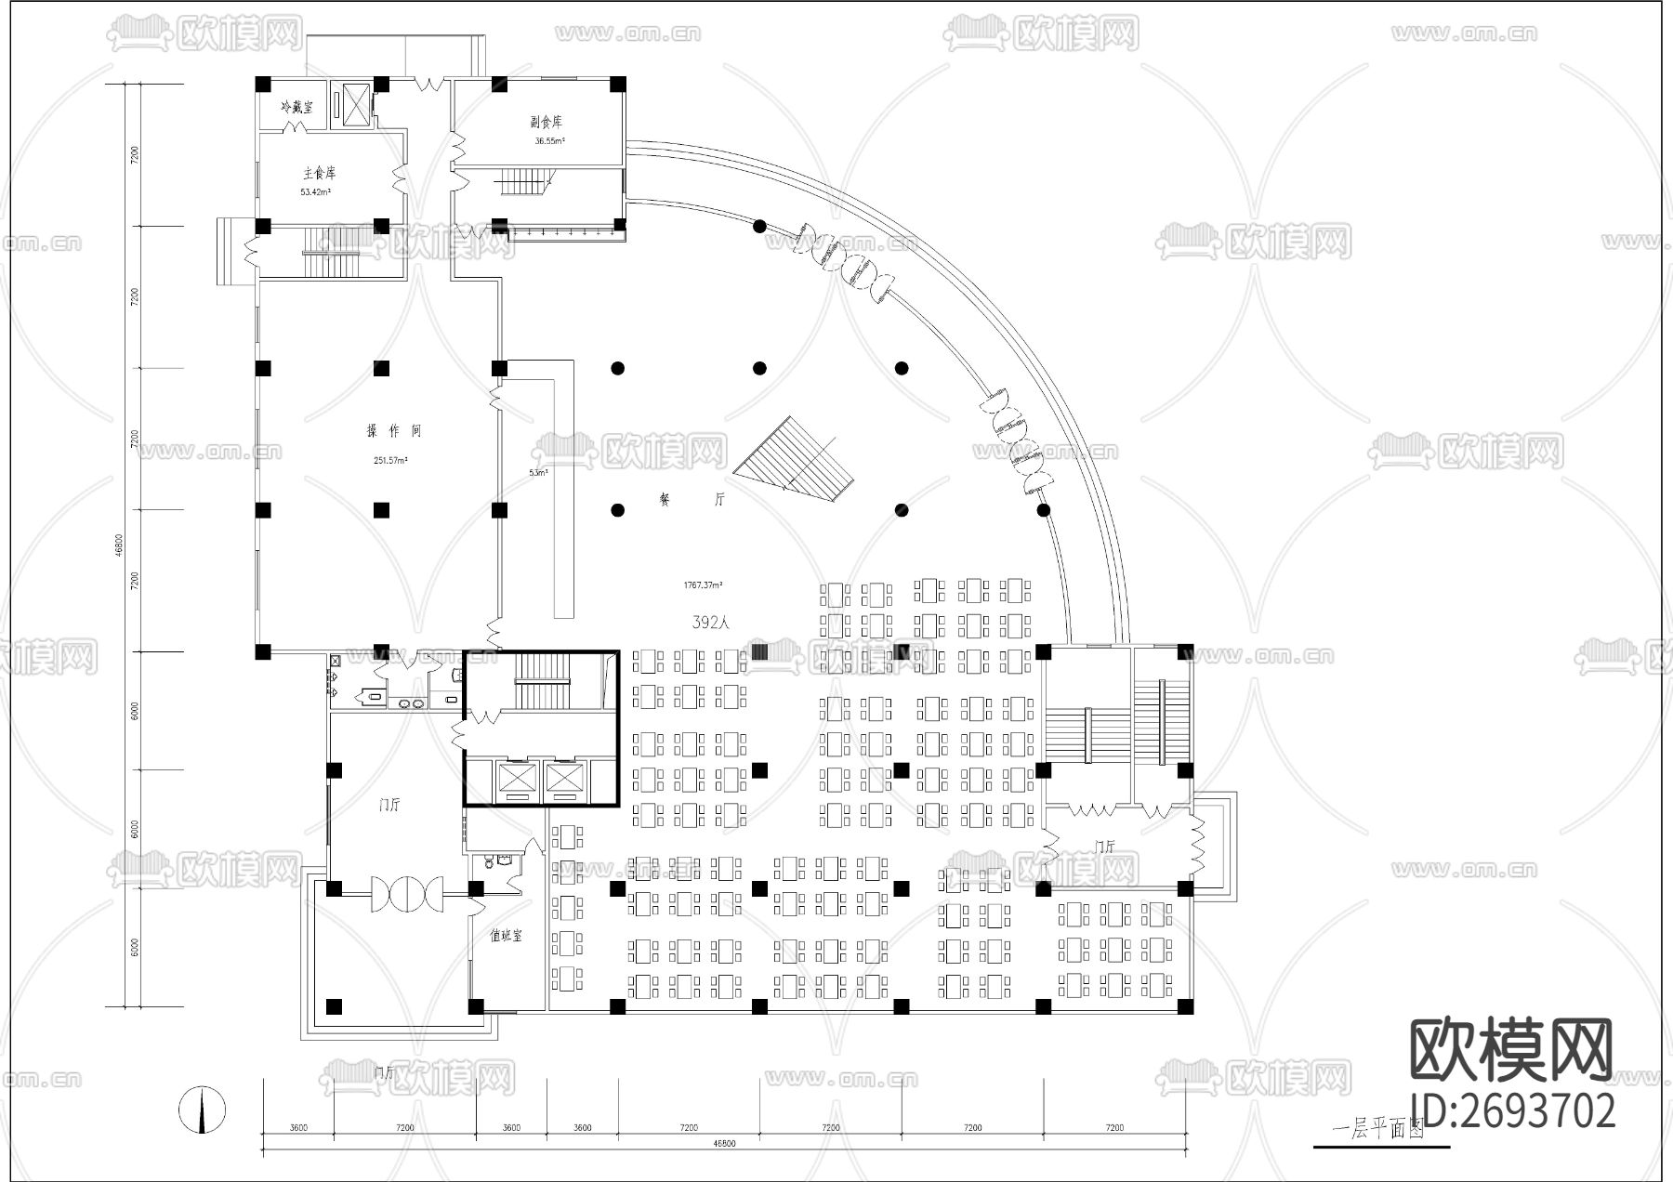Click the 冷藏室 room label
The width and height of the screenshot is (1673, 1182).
tap(297, 108)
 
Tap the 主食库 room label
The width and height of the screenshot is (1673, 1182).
tap(319, 174)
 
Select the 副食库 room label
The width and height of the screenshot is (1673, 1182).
tap(547, 122)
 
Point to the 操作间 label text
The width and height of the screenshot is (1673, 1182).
tap(394, 431)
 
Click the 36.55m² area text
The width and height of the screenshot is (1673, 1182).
tap(549, 142)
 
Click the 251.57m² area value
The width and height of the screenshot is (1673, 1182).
tap(391, 460)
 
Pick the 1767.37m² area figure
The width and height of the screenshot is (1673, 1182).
tap(704, 585)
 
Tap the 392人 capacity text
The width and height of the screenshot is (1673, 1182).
tap(711, 622)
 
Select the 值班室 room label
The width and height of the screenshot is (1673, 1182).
tap(506, 936)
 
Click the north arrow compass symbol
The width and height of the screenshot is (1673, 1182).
tap(203, 1110)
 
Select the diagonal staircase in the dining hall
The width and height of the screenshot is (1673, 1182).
tap(795, 455)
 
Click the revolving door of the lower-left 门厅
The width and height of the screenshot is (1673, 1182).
tap(405, 894)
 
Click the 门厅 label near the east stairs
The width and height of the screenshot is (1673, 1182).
tap(1105, 847)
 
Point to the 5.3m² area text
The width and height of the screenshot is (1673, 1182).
tap(538, 473)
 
